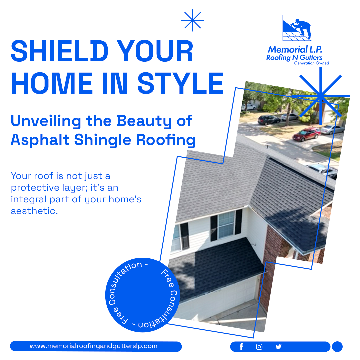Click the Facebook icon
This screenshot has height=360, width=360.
pyautogui.click(x=241, y=347)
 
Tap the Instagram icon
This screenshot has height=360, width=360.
pyautogui.click(x=259, y=347)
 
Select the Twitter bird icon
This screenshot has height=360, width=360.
pyautogui.click(x=278, y=347)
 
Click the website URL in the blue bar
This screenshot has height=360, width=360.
pyautogui.click(x=93, y=346)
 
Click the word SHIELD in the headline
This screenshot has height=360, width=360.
pyautogui.click(x=59, y=51)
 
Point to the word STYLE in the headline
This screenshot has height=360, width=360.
pyautogui.click(x=180, y=83)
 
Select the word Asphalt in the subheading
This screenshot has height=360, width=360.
pyautogui.click(x=40, y=140)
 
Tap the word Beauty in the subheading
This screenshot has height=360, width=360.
pyautogui.click(x=144, y=121)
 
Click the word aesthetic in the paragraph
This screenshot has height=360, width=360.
pyautogui.click(x=34, y=211)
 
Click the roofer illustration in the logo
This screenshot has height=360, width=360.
pyautogui.click(x=297, y=28)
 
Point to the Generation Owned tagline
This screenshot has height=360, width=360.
pyautogui.click(x=312, y=63)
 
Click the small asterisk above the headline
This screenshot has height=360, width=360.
pyautogui.click(x=192, y=20)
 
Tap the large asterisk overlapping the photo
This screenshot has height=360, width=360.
pyautogui.click(x=321, y=96)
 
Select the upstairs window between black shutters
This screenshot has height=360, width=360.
pyautogui.click(x=226, y=225)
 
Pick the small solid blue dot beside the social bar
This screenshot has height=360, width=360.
pyautogui.click(x=337, y=346)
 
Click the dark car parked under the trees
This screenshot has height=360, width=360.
pyautogui.click(x=269, y=120)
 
